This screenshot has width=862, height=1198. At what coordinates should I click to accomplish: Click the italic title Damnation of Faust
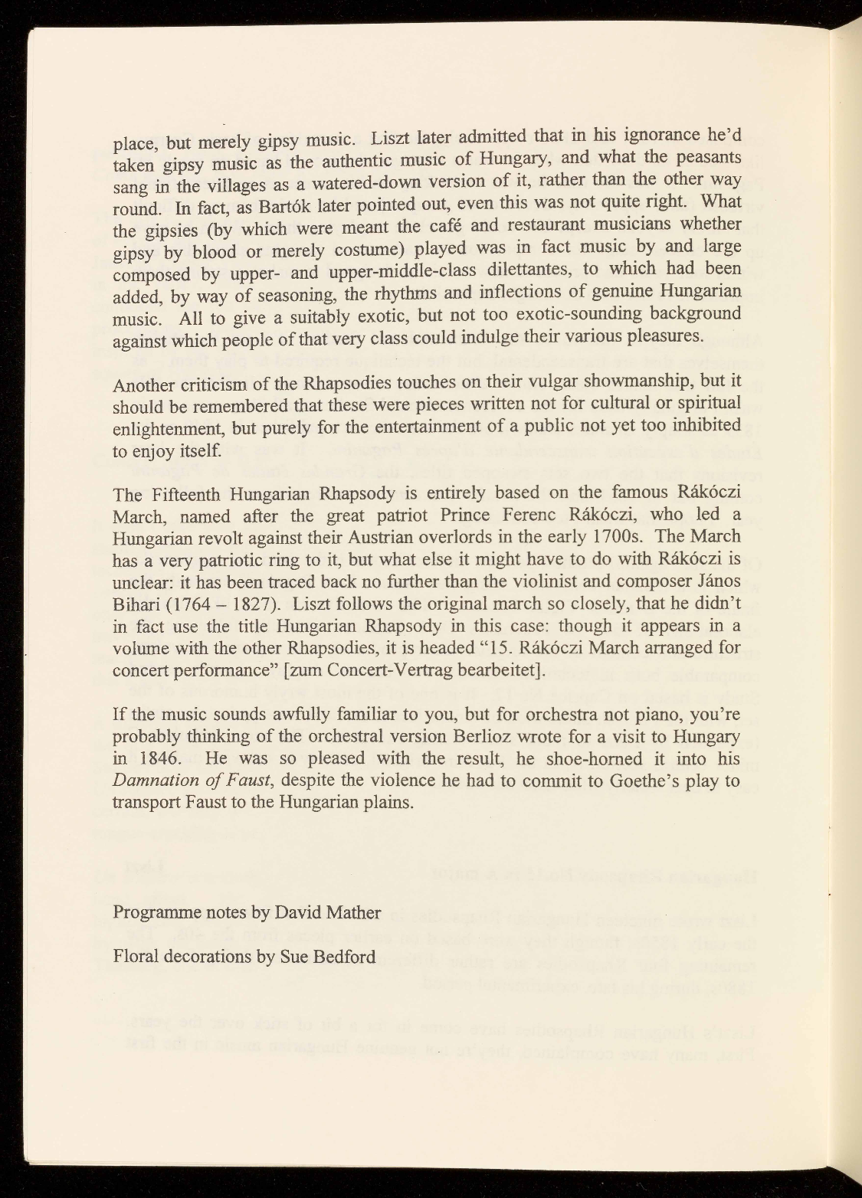pyautogui.click(x=190, y=781)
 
